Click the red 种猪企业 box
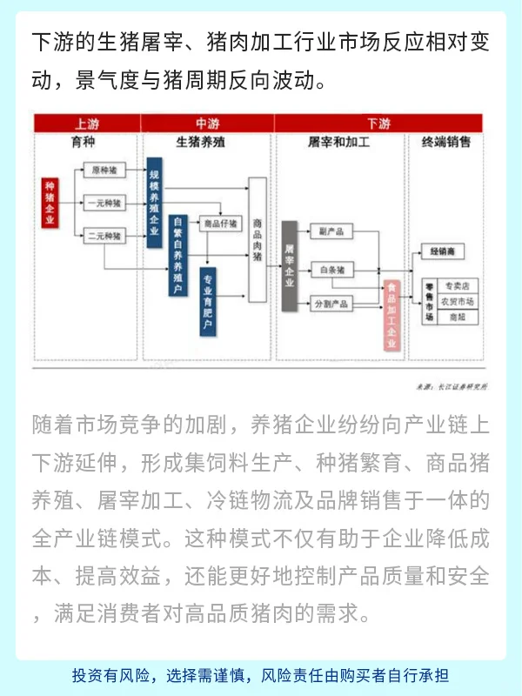coord(50,203)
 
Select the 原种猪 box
coord(105,171)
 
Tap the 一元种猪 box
coord(105,204)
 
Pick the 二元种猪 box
coord(105,236)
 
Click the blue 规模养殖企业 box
coord(155,203)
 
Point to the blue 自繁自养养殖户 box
coord(177,255)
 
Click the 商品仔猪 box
coord(219,224)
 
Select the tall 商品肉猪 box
coord(258,239)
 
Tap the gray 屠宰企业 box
coord(290,266)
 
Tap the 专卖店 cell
coord(458,285)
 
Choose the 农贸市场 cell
coord(458,301)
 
